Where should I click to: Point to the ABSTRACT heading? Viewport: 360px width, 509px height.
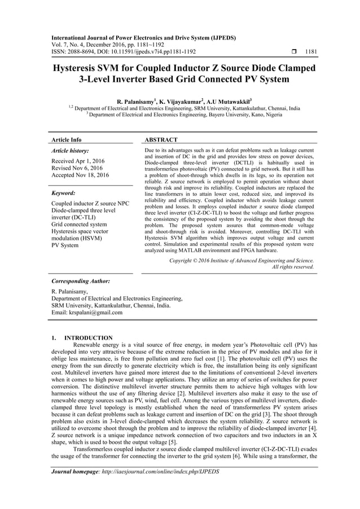[x=161, y=139]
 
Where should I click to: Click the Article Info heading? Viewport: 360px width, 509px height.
[x=66, y=139]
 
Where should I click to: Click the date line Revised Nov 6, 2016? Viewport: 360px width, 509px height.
[x=77, y=168]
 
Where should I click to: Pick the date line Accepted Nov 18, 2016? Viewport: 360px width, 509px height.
[x=80, y=175]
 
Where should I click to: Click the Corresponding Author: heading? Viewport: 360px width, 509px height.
[x=80, y=280]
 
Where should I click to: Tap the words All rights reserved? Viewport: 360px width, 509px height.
[x=293, y=267]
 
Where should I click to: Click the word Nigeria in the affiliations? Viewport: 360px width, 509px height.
[x=265, y=115]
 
